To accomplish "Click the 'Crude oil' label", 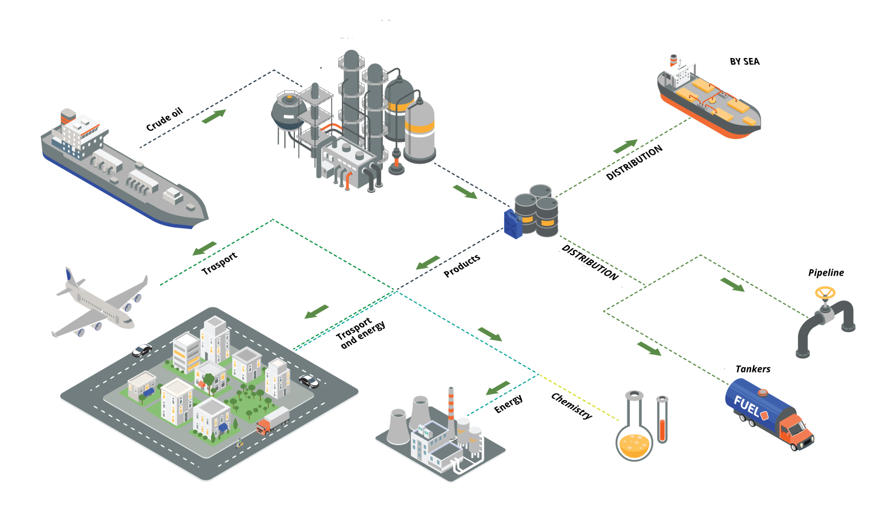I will point(164,120).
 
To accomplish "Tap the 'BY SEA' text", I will point(744,62).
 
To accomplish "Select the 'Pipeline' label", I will point(826,273).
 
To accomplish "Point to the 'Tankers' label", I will point(753,369).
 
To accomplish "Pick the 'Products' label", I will point(461,266).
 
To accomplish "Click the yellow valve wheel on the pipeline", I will point(826,293).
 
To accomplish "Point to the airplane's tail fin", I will point(69,277).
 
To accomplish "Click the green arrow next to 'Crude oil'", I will point(213,116).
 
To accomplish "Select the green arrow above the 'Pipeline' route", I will point(732,284).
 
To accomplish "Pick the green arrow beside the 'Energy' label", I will point(498,388).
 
